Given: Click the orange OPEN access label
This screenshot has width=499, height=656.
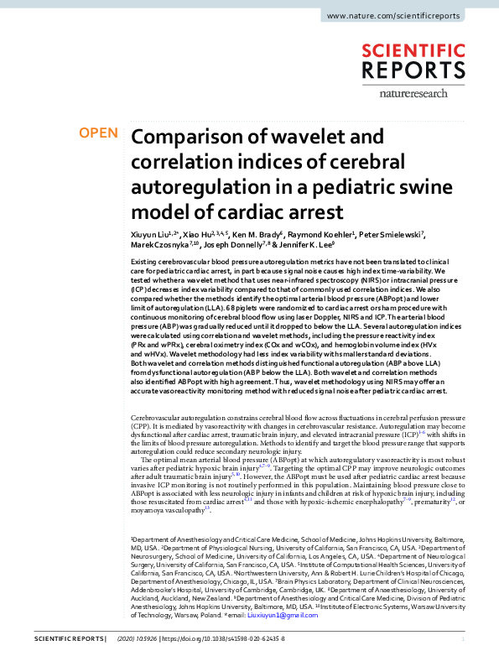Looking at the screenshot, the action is pos(99,133).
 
